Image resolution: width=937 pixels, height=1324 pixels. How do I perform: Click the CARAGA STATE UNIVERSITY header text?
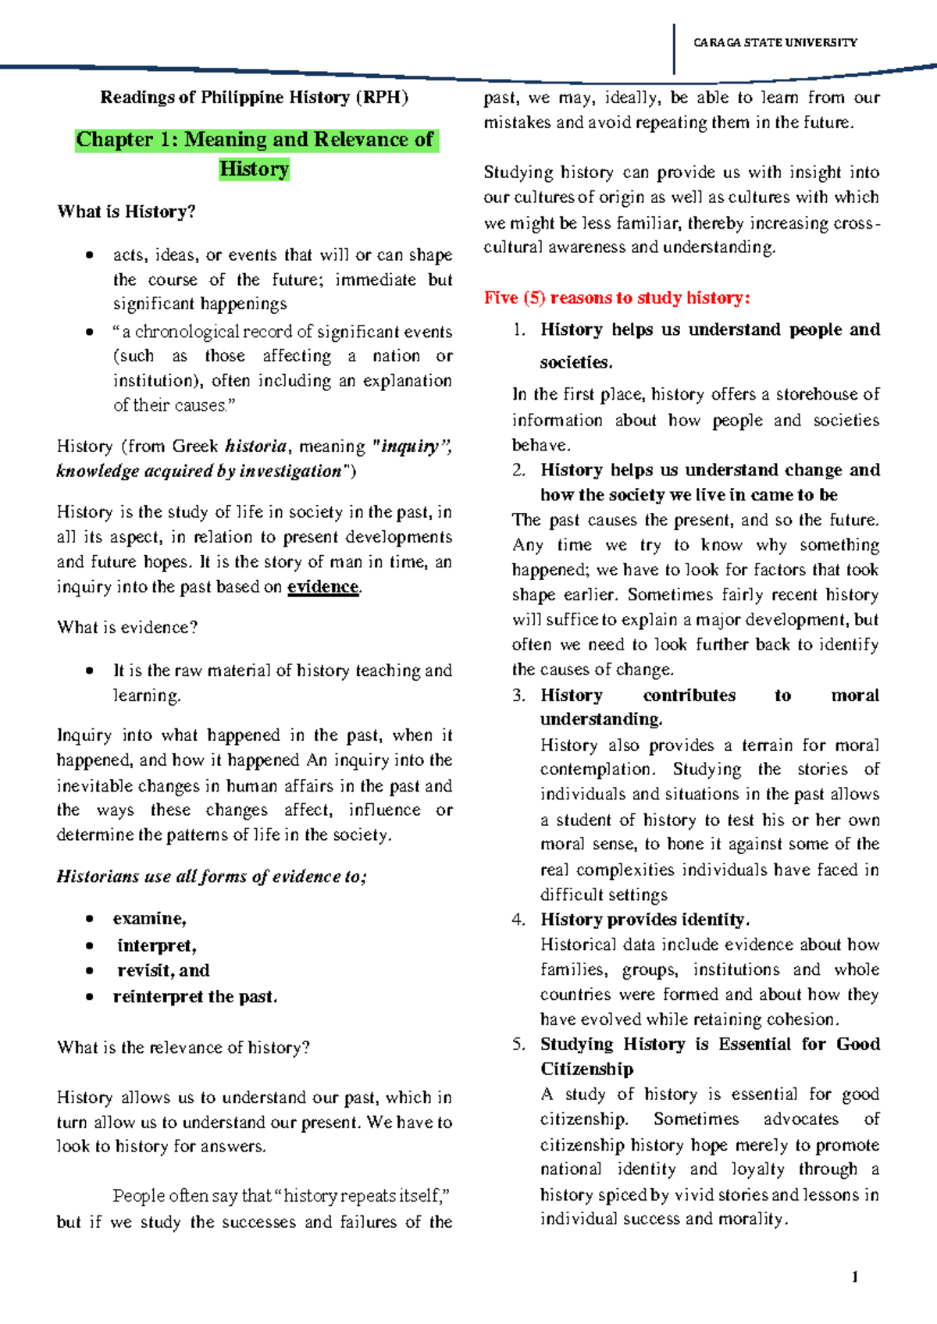tap(775, 43)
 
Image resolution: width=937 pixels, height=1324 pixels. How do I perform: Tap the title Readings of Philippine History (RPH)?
tap(254, 98)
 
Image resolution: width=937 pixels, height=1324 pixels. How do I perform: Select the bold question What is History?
tap(126, 212)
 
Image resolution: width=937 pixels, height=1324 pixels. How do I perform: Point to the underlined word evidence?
tap(322, 587)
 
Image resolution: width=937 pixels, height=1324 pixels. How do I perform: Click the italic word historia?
tap(255, 446)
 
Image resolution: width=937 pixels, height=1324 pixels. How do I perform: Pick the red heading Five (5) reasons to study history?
tap(617, 297)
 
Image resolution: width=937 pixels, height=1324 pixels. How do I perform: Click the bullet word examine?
tap(149, 919)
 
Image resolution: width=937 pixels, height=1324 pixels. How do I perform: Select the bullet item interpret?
tap(156, 946)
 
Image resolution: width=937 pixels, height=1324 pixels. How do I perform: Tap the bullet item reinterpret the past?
tap(194, 997)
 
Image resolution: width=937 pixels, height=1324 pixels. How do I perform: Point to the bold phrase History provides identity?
tap(644, 920)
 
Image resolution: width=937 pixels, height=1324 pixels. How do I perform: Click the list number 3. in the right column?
tap(519, 696)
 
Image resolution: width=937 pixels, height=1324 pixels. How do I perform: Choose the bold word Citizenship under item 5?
tap(586, 1069)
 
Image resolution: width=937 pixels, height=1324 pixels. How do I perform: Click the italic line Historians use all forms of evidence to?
tap(211, 877)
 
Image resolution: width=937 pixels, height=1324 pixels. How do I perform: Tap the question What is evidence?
tap(127, 628)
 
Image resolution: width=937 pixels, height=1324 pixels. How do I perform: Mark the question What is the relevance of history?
tap(183, 1048)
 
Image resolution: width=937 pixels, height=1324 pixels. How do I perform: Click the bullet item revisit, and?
tap(163, 971)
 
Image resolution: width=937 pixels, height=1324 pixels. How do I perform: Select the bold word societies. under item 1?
tap(576, 362)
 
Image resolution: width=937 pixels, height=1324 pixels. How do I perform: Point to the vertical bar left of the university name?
tap(674, 48)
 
